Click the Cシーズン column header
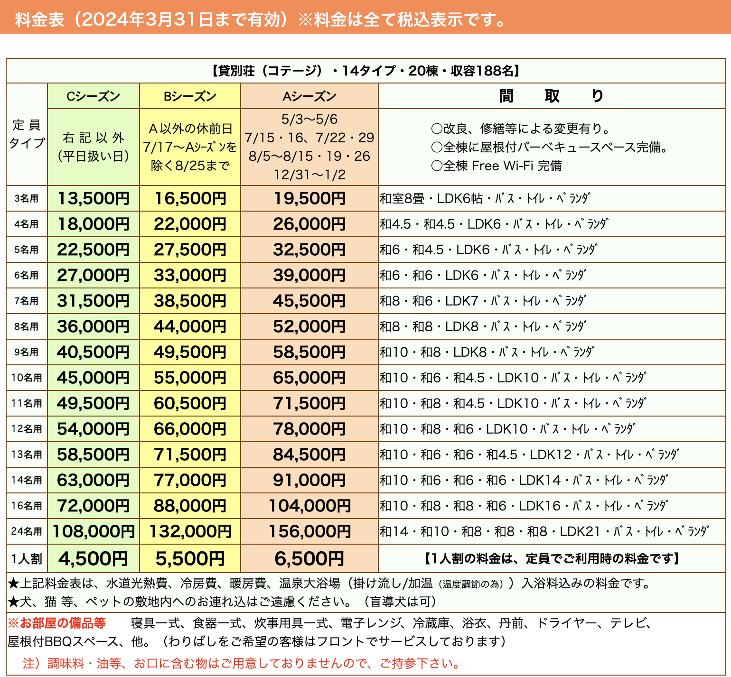click(x=94, y=96)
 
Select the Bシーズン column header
click(x=190, y=96)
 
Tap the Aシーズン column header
click(x=309, y=96)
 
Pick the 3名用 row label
click(x=27, y=199)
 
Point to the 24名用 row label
click(x=27, y=532)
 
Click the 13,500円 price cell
click(x=94, y=199)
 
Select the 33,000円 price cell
click(x=190, y=276)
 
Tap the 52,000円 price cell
click(x=309, y=327)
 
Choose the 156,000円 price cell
click(x=309, y=532)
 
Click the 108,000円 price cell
click(x=94, y=532)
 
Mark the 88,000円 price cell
click(x=190, y=506)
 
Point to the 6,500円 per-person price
click(x=309, y=559)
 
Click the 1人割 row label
click(x=27, y=559)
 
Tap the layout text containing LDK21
click(x=544, y=532)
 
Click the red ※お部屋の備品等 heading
click(x=57, y=623)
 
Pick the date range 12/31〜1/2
click(x=309, y=175)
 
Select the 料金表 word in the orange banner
click(x=39, y=20)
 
